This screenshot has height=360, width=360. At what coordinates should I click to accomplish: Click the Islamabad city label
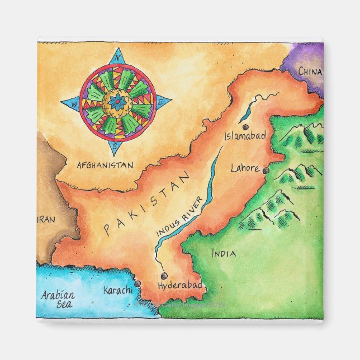tap(245, 136)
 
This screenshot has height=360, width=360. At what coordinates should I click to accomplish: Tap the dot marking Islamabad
tap(245, 127)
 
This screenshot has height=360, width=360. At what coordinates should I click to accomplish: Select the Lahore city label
tap(245, 168)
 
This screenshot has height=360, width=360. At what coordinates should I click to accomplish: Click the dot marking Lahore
tap(266, 170)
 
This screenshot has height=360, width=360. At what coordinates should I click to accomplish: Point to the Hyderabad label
tap(179, 286)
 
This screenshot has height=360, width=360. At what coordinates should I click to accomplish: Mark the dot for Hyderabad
tap(163, 275)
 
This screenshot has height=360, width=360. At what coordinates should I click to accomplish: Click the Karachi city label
tap(118, 290)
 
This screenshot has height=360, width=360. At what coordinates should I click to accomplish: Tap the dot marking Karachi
tap(137, 284)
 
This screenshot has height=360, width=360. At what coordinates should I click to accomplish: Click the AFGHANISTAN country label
tap(105, 165)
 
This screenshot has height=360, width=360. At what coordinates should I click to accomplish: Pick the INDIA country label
tap(224, 254)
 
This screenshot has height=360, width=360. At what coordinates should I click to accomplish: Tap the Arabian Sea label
tap(57, 300)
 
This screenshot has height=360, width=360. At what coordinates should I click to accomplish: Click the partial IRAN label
tap(48, 220)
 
